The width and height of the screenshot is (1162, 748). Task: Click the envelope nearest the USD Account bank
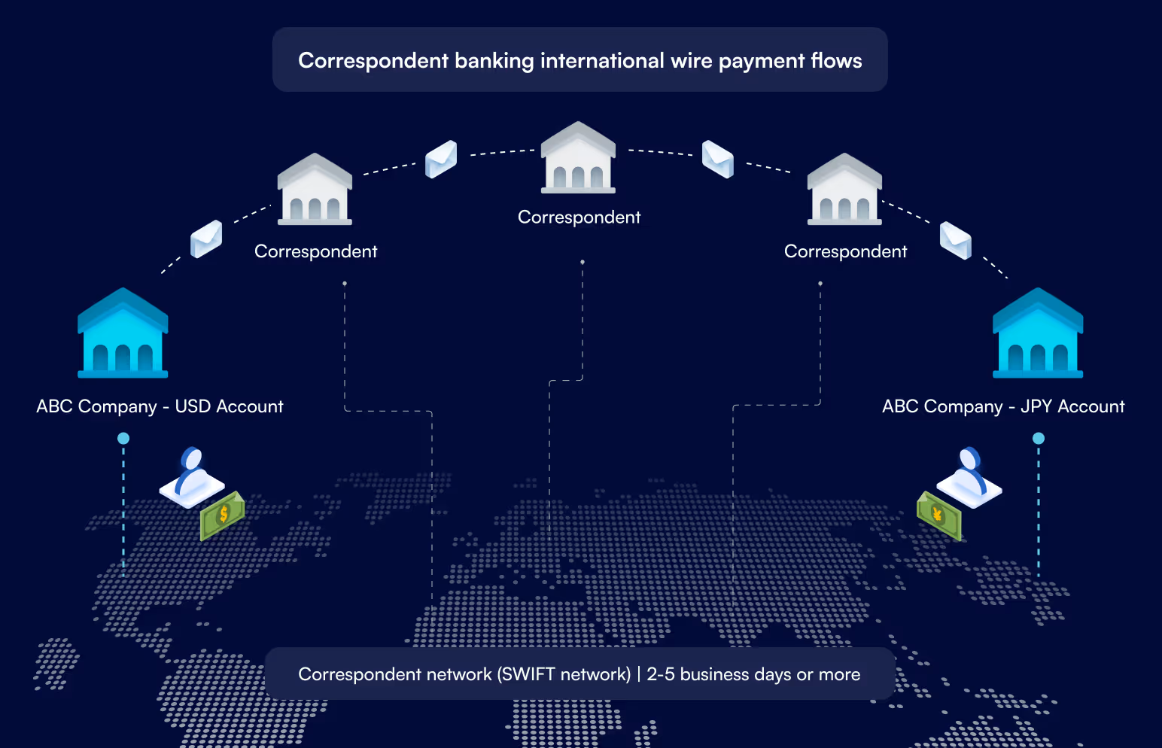206,239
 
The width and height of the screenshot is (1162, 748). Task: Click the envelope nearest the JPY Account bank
956,241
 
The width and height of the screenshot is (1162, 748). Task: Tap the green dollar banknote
222,515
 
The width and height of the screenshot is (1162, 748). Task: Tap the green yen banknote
938,515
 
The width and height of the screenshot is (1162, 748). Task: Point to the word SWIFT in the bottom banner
528,674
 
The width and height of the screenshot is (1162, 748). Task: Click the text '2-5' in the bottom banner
660,674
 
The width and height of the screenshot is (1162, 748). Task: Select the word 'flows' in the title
836,61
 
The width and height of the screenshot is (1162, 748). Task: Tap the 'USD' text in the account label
193,406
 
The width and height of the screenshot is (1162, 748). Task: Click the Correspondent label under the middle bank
579,217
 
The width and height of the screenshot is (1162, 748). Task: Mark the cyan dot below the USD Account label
123,438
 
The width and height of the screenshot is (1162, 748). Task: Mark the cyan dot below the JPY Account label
1039,438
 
